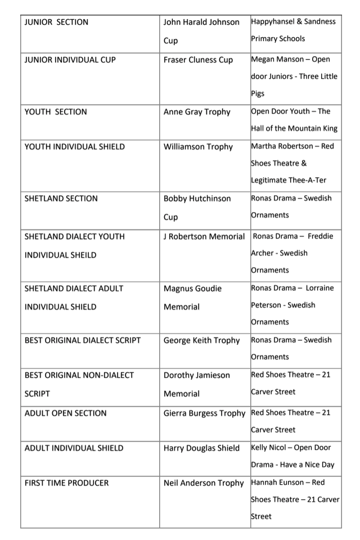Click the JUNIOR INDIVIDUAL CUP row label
coord(70,60)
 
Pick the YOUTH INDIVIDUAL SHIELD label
coord(75,147)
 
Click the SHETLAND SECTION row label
coord(61,199)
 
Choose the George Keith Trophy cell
coord(201,340)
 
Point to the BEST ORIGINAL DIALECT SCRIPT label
coord(83,340)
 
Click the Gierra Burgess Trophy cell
coord(205,413)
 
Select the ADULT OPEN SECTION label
coord(65,413)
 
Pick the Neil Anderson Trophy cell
coord(204,483)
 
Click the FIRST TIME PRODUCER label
coord(67,483)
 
